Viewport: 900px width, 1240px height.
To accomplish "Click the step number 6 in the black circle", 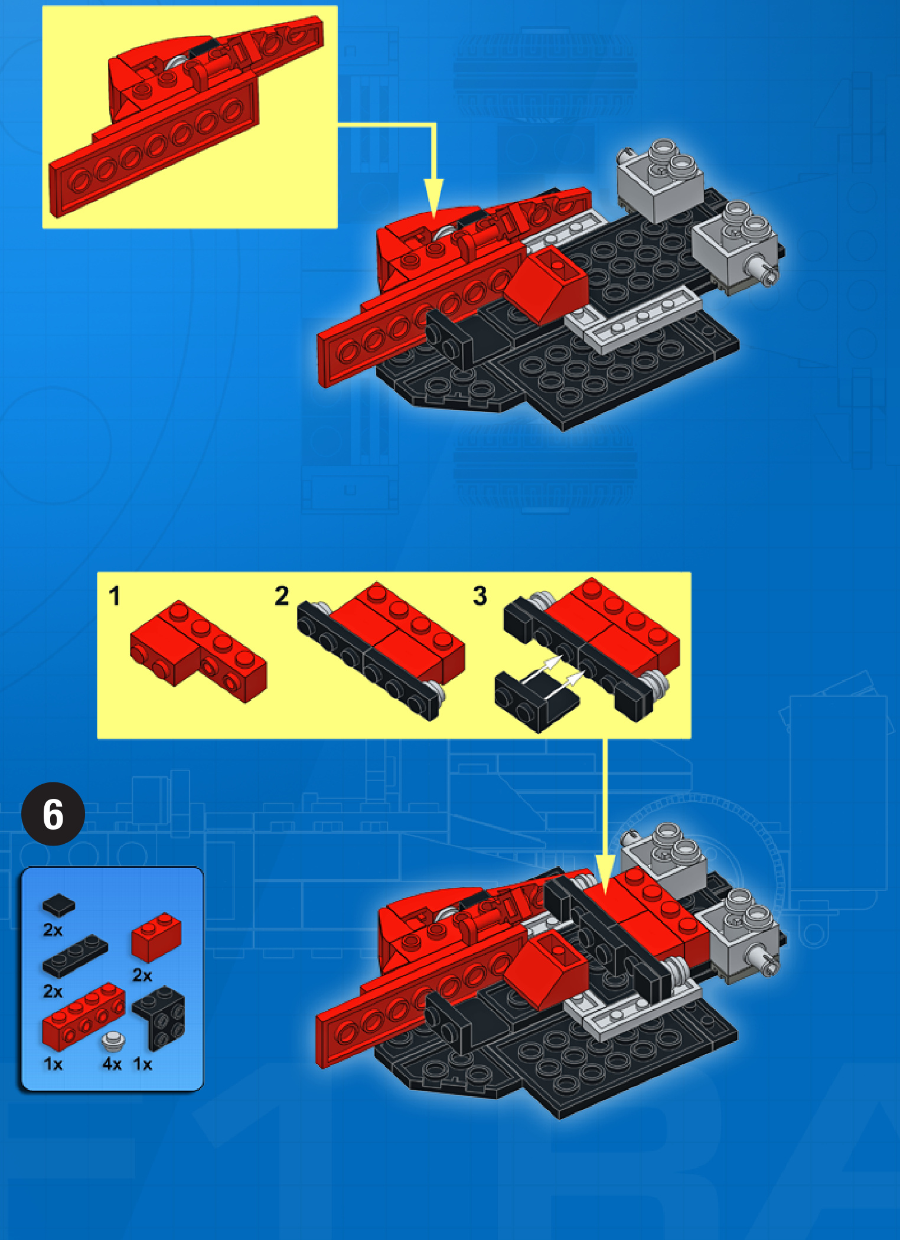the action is click(x=53, y=814).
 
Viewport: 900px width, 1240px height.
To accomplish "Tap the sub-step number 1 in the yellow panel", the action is click(x=115, y=596).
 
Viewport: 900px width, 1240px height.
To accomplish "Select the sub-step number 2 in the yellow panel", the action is click(x=282, y=596).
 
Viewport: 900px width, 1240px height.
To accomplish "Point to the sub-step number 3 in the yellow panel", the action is click(x=480, y=596).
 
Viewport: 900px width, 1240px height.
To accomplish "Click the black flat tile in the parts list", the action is click(x=58, y=905).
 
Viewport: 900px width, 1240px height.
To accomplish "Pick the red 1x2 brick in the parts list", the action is click(x=156, y=936).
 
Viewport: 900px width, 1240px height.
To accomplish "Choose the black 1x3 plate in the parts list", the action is click(x=75, y=957).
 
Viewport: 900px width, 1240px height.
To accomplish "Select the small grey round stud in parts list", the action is click(x=113, y=1041).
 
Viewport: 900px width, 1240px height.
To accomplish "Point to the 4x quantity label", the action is click(x=112, y=1064).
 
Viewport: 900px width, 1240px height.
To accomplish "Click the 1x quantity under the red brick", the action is click(x=53, y=1064).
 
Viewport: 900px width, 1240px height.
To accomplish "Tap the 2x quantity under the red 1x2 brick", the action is click(x=142, y=975).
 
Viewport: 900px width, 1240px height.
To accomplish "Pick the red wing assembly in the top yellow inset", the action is click(x=186, y=115).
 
